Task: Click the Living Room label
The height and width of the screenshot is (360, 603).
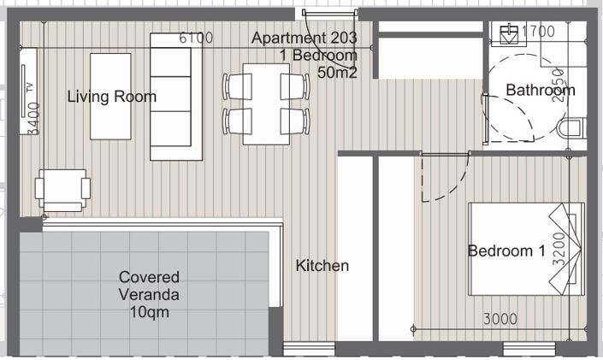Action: click(112, 97)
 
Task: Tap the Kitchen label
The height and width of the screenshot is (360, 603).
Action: click(322, 266)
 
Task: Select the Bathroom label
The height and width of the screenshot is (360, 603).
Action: click(540, 90)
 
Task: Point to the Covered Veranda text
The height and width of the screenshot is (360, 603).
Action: click(149, 286)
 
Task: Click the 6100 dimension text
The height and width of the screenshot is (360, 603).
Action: click(195, 38)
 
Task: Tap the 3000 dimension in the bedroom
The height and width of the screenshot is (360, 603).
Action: click(500, 319)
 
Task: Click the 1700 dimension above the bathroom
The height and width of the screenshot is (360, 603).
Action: click(539, 32)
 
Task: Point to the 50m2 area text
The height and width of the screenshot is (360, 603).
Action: click(337, 73)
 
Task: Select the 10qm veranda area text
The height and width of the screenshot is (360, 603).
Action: click(150, 314)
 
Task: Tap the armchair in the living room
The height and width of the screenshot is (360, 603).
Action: click(62, 189)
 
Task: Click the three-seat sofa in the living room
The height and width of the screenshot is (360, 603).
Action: click(176, 96)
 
